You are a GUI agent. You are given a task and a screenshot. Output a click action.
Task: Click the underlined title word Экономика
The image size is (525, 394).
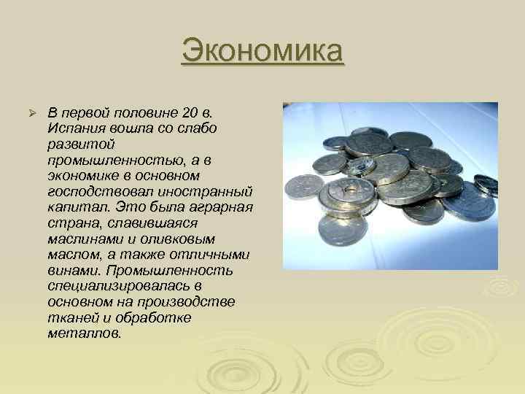(262, 53)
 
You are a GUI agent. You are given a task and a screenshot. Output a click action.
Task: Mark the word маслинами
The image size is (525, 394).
(80, 239)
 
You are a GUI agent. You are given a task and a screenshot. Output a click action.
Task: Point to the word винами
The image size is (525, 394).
(70, 271)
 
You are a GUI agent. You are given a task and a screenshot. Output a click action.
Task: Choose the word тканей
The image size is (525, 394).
(70, 318)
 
